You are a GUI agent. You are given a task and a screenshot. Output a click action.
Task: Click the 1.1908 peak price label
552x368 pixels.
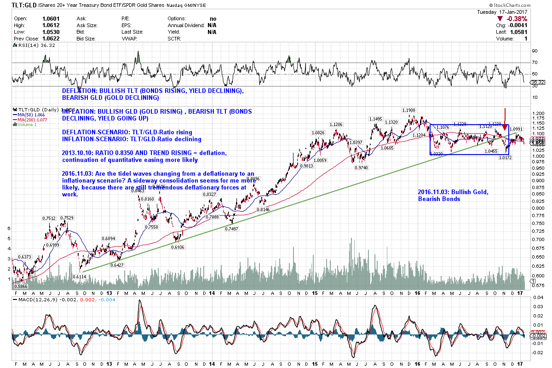[x=409, y=110]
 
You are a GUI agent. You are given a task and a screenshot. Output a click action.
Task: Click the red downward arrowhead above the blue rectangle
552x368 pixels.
[x=505, y=126]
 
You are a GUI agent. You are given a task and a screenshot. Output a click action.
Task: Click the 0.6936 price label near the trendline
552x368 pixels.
[x=177, y=247]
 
